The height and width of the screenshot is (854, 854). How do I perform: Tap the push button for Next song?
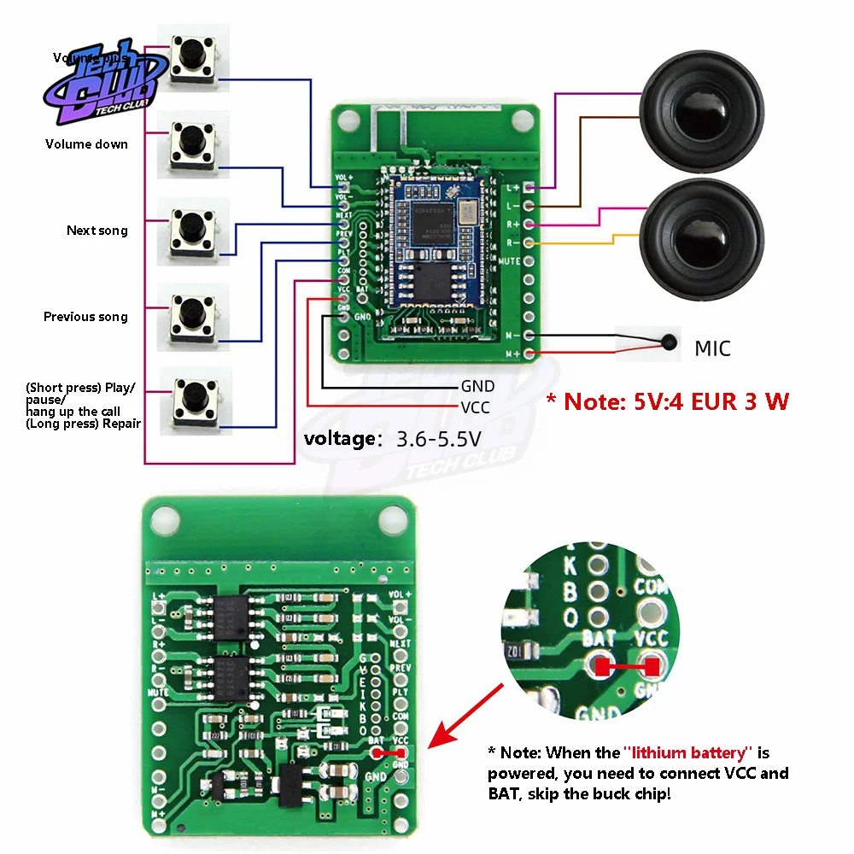coord(195,227)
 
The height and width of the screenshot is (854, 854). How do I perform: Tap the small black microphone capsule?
coord(669,344)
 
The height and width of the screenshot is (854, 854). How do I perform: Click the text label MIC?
coord(712,348)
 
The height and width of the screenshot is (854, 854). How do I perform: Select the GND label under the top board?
coord(477,387)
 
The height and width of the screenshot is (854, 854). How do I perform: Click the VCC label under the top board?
coord(475,407)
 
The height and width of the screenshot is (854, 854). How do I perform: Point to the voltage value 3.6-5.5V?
coord(438,439)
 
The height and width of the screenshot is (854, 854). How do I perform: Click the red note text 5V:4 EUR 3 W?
coord(667,401)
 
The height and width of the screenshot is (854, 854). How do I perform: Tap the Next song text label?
coord(97,231)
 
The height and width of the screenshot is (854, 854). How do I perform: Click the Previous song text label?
coord(85,317)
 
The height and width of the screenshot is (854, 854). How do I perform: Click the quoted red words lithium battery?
coord(688,752)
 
